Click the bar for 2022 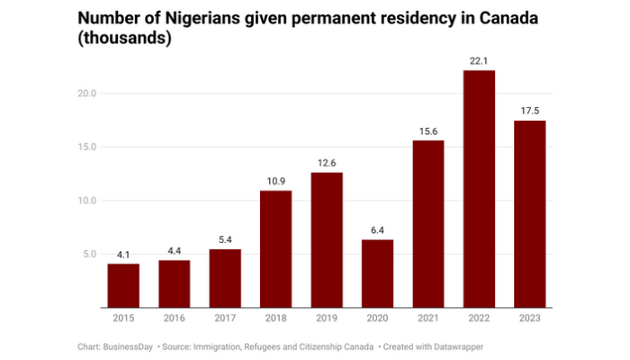[480, 189]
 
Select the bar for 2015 [123, 285]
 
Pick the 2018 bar [276, 249]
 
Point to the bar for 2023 [530, 214]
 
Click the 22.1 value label [480, 60]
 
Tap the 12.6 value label [327, 163]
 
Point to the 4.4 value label [175, 251]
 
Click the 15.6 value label [428, 130]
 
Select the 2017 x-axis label [225, 319]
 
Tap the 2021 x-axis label [428, 319]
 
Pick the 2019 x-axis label [327, 319]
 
